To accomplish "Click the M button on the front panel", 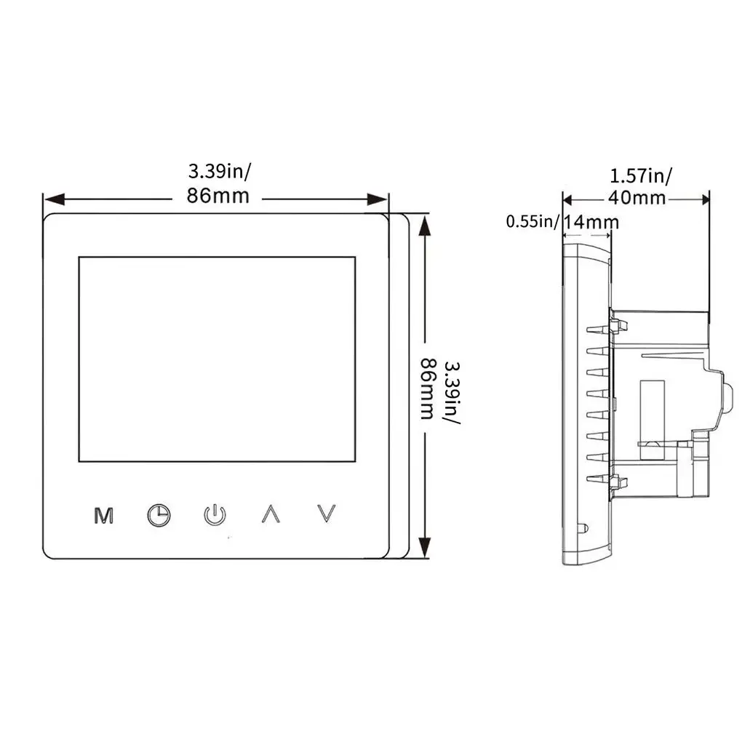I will (x=105, y=515).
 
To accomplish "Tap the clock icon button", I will (x=158, y=515).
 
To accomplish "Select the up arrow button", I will (x=271, y=514).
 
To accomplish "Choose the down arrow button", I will (x=328, y=514).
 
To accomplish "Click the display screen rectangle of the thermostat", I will (x=217, y=359).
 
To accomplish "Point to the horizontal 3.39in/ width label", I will (x=219, y=172).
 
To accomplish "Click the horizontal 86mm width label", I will (x=219, y=196).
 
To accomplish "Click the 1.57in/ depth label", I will (x=641, y=175).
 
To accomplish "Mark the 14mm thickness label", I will (x=591, y=221).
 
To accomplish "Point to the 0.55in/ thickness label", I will (x=532, y=221).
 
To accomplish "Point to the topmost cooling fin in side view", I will (x=598, y=330).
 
